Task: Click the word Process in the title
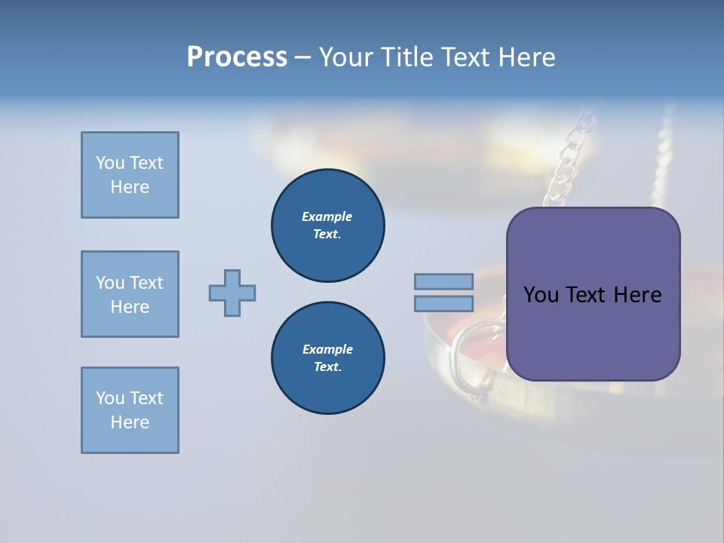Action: (237, 57)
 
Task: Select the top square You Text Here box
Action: (130, 175)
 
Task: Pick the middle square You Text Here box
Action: (130, 294)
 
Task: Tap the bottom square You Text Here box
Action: (130, 410)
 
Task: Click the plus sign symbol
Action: (232, 293)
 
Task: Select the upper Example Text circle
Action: (327, 225)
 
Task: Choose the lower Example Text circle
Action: (327, 358)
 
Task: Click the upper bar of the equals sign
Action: (443, 281)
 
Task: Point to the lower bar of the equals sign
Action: (443, 304)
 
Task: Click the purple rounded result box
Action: (593, 332)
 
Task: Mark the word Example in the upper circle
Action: (327, 216)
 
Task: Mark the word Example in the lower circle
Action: (327, 349)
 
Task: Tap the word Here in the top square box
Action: (130, 187)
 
